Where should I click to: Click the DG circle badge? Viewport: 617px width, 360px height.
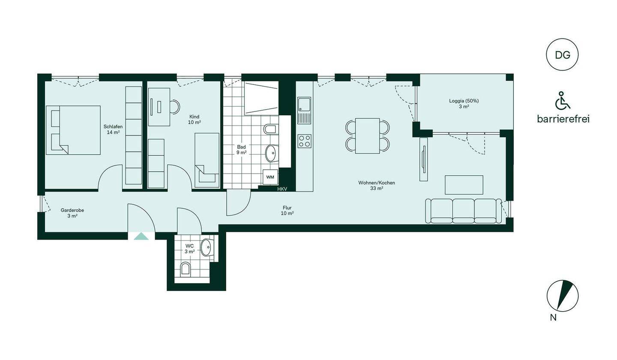point(562,54)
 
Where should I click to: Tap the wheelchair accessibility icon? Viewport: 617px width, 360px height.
point(563,100)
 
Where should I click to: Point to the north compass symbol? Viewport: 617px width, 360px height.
point(563,296)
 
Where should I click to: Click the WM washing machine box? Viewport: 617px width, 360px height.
point(270,177)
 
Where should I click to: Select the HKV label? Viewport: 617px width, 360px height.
point(282,189)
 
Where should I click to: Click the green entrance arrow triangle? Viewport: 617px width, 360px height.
point(141,236)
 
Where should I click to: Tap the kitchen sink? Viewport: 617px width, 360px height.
point(304,110)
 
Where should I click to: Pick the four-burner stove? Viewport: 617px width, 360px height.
point(304,141)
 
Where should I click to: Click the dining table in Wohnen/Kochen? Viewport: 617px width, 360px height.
point(368,135)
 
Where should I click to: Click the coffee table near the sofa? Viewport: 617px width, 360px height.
point(464,185)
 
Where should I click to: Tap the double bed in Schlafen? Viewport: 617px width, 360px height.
point(73,130)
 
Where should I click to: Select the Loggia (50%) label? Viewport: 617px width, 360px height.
point(464,101)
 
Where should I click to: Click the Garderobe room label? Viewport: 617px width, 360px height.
point(72,210)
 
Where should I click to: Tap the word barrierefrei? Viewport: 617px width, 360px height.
point(563,119)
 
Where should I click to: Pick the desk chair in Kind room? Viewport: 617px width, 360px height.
point(175,106)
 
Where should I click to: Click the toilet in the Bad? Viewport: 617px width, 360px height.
point(271,129)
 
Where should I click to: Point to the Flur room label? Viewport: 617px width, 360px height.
point(287,208)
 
